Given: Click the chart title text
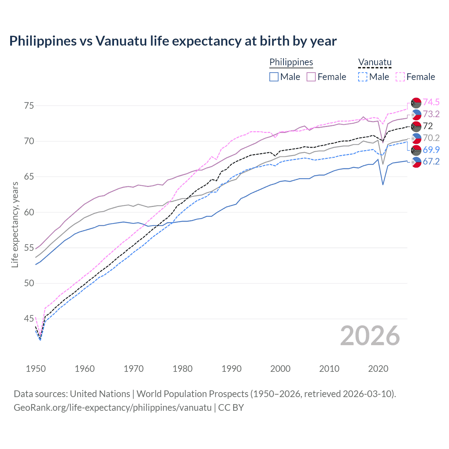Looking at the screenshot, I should pyautogui.click(x=173, y=41).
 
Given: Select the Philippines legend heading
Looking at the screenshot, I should pyautogui.click(x=291, y=62).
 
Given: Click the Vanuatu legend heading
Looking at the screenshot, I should pyautogui.click(x=375, y=62).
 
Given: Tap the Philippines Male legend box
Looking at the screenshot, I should pyautogui.click(x=274, y=77).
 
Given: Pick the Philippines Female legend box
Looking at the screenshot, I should pyautogui.click(x=311, y=77).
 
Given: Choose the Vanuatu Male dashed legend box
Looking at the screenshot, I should pyautogui.click(x=363, y=77).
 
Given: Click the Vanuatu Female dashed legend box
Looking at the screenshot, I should pyautogui.click(x=400, y=77).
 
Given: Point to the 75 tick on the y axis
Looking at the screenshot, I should pyautogui.click(x=29, y=106).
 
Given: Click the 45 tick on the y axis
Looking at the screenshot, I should pyautogui.click(x=29, y=319).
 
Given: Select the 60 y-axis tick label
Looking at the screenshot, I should pyautogui.click(x=29, y=212).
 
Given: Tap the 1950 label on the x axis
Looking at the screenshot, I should pyautogui.click(x=36, y=369).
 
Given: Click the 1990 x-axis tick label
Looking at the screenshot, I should pyautogui.click(x=232, y=369).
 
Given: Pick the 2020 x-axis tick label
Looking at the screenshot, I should pyautogui.click(x=378, y=369).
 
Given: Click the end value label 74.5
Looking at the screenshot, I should pyautogui.click(x=431, y=102).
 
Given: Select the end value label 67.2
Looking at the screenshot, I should pyautogui.click(x=431, y=161).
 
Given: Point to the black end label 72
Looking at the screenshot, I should pyautogui.click(x=428, y=126).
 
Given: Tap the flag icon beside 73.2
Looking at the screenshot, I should pyautogui.click(x=416, y=114).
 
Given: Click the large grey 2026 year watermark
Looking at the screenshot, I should pyautogui.click(x=370, y=336).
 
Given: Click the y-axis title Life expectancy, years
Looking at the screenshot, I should pyautogui.click(x=15, y=224).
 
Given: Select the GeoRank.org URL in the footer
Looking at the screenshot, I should pyautogui.click(x=113, y=408).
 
